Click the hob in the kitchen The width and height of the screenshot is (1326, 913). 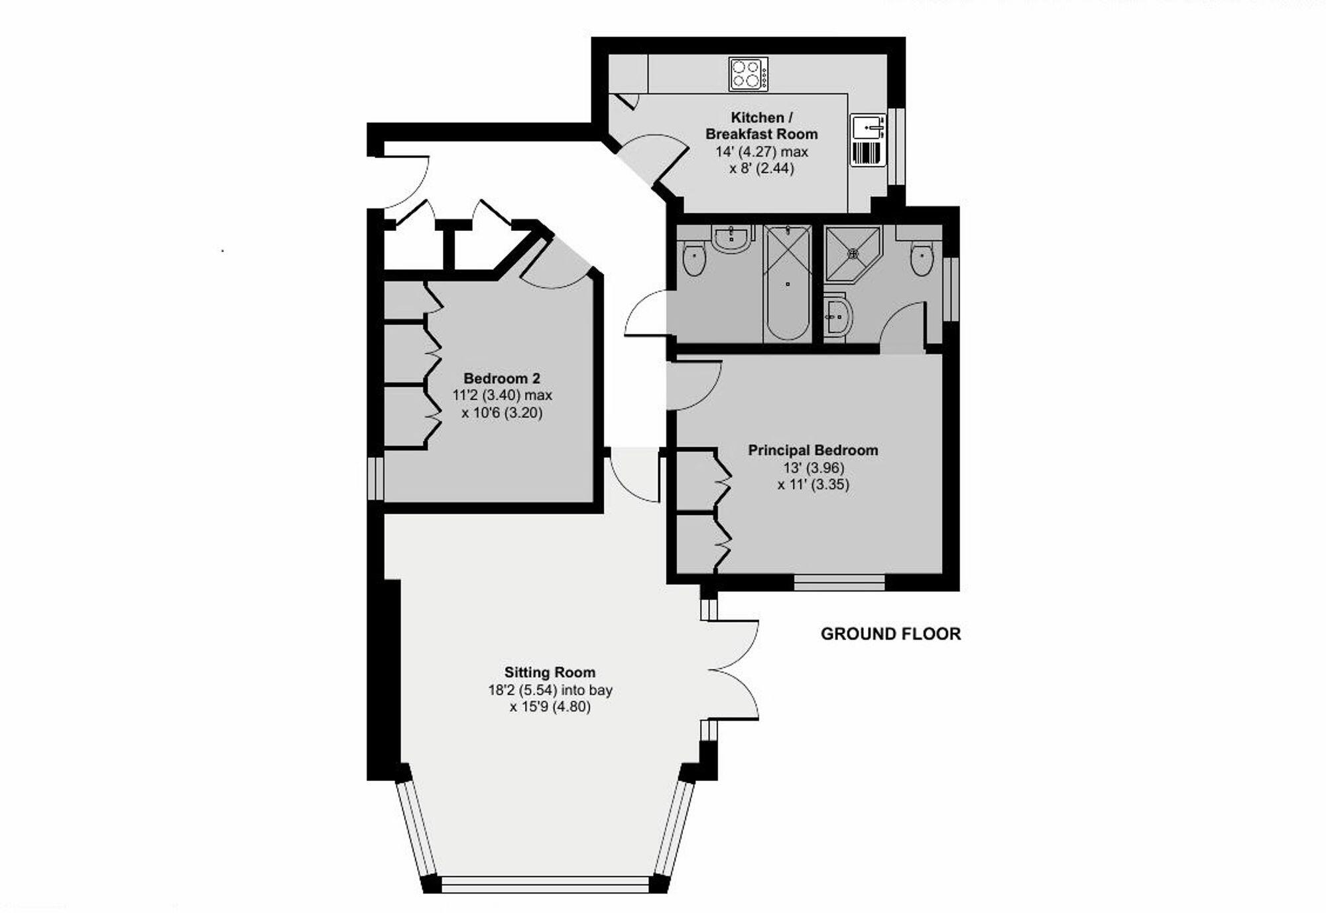[x=749, y=74]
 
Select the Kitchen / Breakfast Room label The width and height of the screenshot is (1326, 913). [x=761, y=125]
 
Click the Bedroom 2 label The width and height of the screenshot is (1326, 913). [x=502, y=378]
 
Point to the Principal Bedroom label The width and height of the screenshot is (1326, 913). [x=813, y=450]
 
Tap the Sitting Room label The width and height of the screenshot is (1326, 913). [x=550, y=672]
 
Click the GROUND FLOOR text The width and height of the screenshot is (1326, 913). [x=890, y=634]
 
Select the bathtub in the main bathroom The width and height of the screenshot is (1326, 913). [x=788, y=283]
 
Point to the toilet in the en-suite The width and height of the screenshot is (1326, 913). [x=922, y=258]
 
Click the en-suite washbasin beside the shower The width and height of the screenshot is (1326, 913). [x=838, y=317]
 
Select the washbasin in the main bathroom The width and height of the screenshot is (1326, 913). [x=732, y=238]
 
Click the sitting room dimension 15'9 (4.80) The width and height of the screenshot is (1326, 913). [x=550, y=707]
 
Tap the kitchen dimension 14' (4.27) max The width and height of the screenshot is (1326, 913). [x=761, y=151]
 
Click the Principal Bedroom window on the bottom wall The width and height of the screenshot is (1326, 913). [x=839, y=583]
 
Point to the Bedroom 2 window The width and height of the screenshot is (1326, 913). [x=376, y=478]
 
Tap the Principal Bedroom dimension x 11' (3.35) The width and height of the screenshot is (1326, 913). [x=813, y=484]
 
